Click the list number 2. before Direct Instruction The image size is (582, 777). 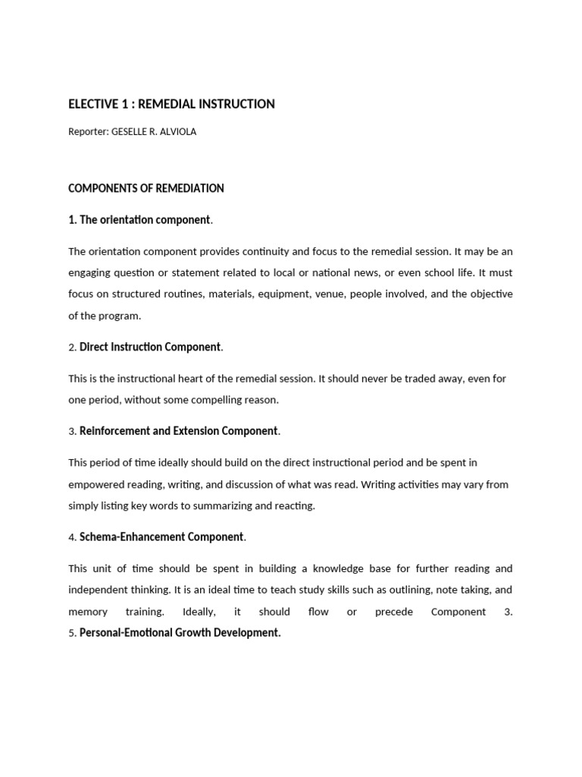click(x=72, y=348)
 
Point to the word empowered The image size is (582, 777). click(x=96, y=484)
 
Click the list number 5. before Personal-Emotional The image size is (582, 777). click(x=72, y=633)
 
